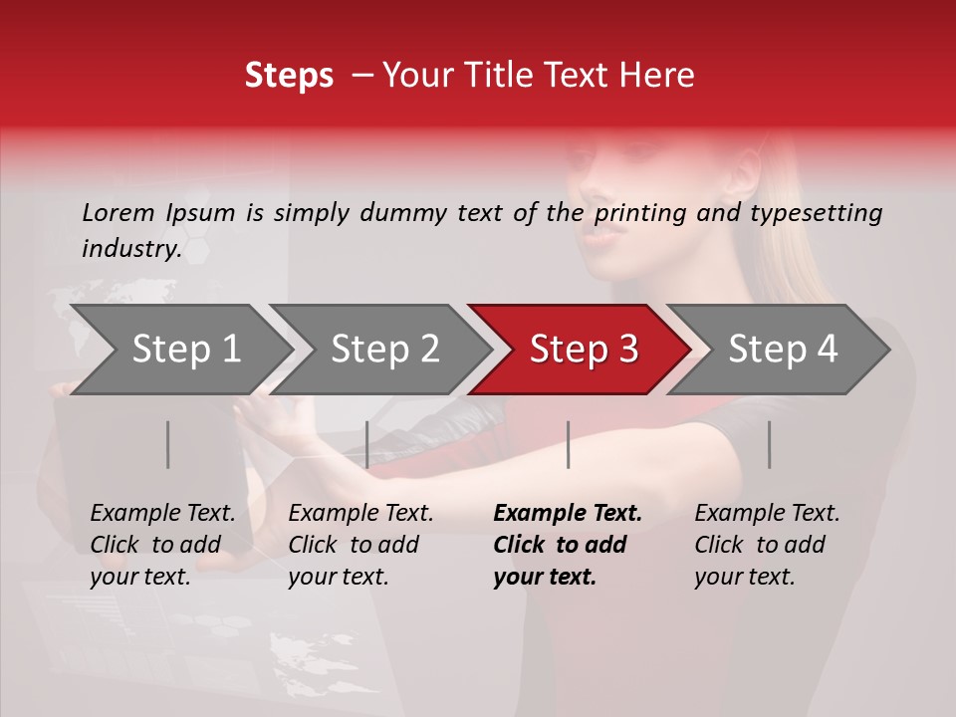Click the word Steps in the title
[x=289, y=76]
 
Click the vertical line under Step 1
[x=168, y=444]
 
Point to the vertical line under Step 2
[x=367, y=444]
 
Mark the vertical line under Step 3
[x=568, y=444]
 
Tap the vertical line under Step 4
[x=769, y=444]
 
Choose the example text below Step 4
[x=767, y=545]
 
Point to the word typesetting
[x=816, y=213]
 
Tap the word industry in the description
[x=129, y=249]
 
